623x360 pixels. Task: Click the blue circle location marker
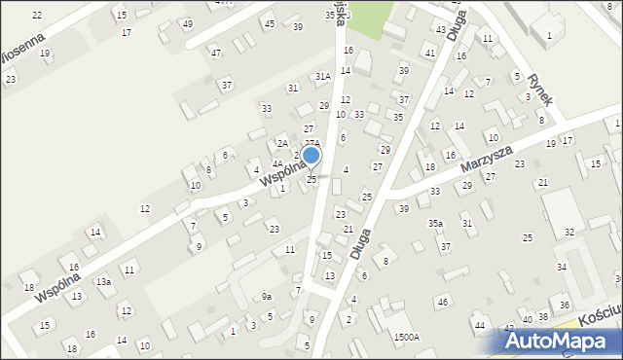pos(311,155)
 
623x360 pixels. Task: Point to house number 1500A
pos(407,337)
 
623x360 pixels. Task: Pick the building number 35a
pos(436,223)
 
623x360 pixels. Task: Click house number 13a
pos(102,281)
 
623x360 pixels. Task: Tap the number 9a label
pos(266,296)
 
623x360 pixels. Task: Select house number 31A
pos(322,75)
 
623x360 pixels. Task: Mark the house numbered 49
pos(187,23)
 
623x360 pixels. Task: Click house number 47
pos(215,53)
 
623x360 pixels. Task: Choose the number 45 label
pos(270,23)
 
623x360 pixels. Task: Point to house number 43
pos(440,30)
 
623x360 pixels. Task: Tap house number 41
pos(429,52)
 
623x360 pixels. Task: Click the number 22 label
pos(37,15)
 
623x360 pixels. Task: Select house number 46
pos(442,303)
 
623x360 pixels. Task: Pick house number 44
pos(479,324)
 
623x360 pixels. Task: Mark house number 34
pos(561,267)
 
